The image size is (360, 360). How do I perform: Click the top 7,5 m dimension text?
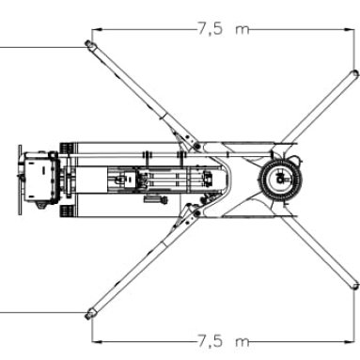click(224, 29)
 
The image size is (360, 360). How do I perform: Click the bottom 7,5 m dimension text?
click(224, 340)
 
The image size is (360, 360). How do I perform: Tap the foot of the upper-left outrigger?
click(89, 44)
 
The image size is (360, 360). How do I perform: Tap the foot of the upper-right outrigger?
click(354, 73)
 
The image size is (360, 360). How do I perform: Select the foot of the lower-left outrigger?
click(89, 314)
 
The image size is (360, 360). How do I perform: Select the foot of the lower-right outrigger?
click(355, 286)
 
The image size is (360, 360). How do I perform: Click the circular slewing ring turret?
click(279, 180)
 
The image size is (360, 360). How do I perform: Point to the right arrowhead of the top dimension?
click(349, 30)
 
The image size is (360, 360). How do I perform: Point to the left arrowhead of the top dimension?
click(97, 30)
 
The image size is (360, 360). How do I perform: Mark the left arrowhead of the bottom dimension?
click(97, 341)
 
